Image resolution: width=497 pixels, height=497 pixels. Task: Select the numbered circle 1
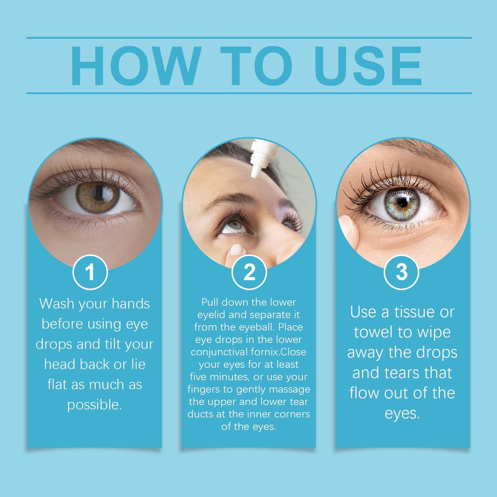point(90,272)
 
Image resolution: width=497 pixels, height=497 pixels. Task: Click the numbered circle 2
point(249,272)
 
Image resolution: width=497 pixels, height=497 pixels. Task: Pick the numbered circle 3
point(401,272)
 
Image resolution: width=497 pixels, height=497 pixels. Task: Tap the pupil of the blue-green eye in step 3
point(402,202)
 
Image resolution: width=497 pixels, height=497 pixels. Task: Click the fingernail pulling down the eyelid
point(236,249)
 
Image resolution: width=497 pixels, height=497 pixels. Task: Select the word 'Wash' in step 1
point(57,304)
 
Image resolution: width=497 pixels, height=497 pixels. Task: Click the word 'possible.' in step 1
point(95,405)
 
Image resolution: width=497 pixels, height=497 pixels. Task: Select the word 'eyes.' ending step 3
point(402,414)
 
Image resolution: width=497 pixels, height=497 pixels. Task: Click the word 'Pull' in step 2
point(210,302)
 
